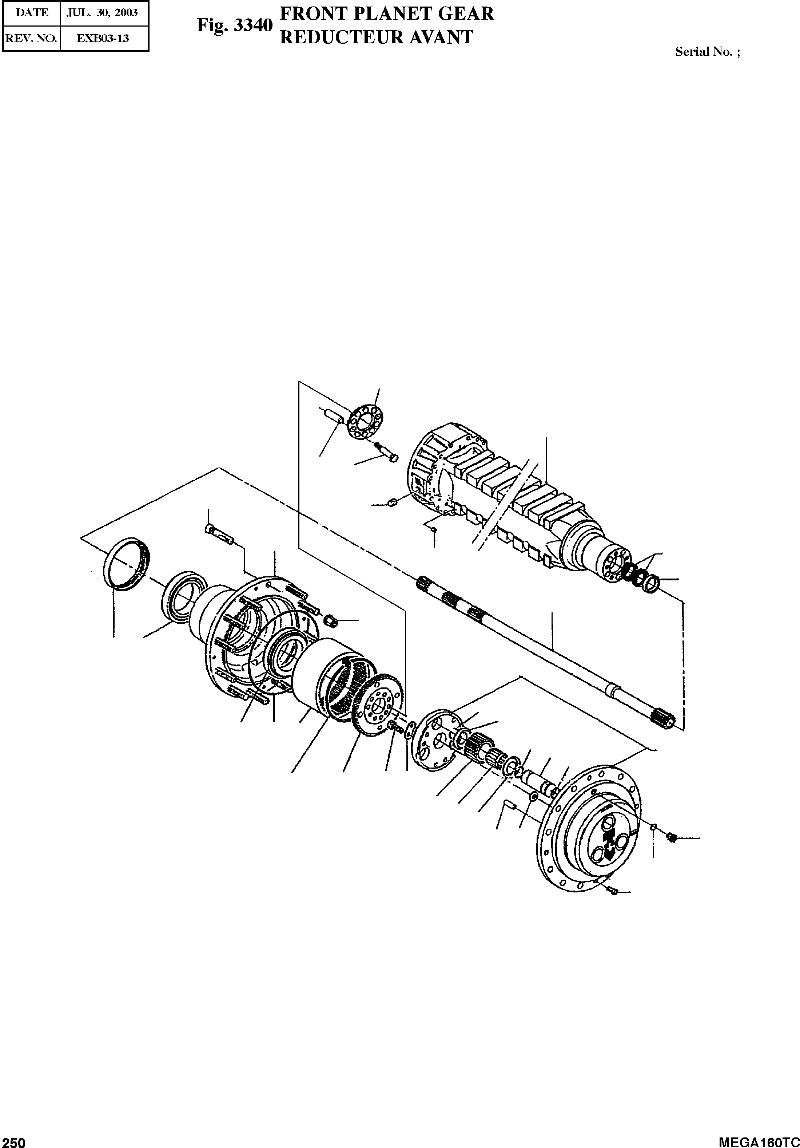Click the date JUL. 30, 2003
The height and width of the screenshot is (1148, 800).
(x=104, y=12)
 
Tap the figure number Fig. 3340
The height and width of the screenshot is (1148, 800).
(x=234, y=25)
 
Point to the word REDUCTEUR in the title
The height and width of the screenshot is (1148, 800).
(x=340, y=38)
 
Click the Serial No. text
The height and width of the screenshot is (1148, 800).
(x=707, y=52)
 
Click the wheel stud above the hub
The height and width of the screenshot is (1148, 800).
(x=219, y=532)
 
